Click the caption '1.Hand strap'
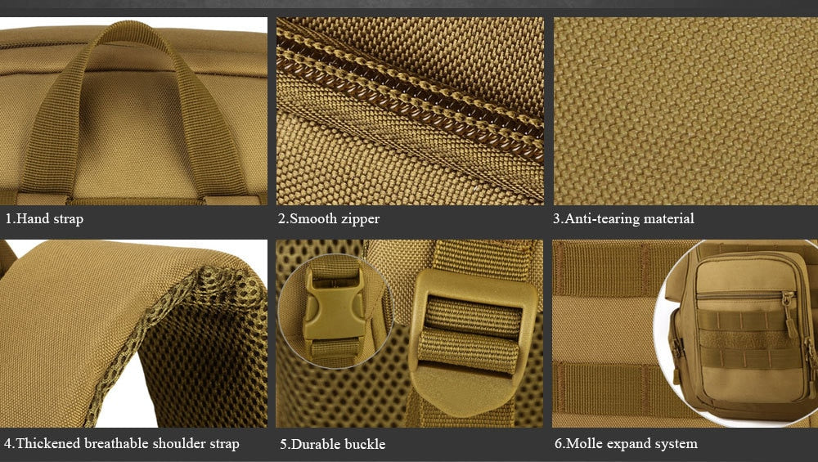44,218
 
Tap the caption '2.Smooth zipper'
329,218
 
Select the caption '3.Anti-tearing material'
623,218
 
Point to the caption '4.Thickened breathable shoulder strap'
122,444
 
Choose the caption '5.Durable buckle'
333,444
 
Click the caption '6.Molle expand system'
626,444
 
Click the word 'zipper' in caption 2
359,219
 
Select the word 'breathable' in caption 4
116,443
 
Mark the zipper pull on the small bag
790,316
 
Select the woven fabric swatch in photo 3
685,111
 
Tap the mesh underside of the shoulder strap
204,355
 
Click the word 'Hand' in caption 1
34,218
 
